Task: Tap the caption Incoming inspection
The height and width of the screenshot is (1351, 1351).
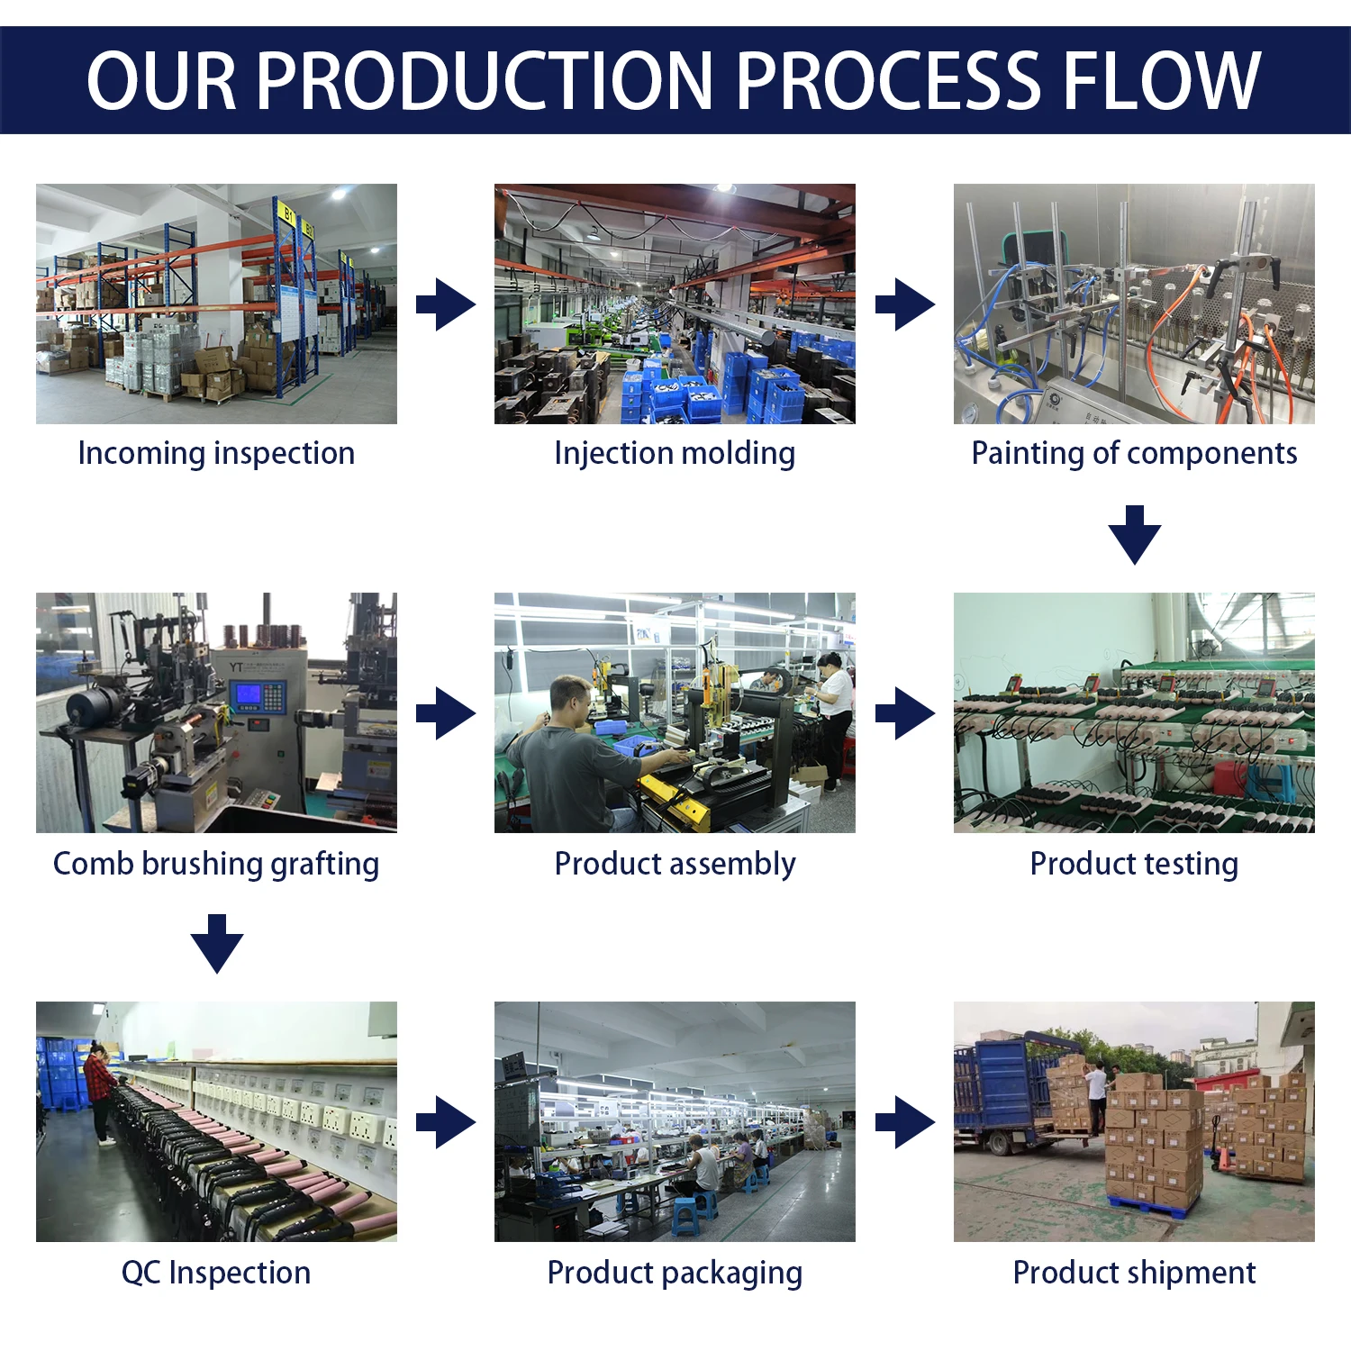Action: (216, 453)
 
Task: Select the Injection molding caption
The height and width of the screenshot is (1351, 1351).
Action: (675, 453)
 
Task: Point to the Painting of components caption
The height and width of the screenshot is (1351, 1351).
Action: (1134, 453)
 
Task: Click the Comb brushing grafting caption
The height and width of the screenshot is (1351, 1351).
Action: (216, 864)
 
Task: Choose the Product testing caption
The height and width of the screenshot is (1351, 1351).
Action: (1134, 864)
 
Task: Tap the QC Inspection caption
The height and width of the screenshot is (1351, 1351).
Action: (216, 1273)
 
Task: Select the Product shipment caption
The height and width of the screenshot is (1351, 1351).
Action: (1134, 1273)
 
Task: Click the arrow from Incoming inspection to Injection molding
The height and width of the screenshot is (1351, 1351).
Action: (446, 304)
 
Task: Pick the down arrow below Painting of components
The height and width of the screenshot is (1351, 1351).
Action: (1135, 535)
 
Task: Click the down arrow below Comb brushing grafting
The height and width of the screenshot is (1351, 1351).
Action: (217, 944)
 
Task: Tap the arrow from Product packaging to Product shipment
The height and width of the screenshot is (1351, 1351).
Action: (905, 1122)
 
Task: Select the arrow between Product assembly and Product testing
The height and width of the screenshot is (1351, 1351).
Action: (905, 713)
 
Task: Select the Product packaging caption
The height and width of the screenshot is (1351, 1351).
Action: (675, 1273)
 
